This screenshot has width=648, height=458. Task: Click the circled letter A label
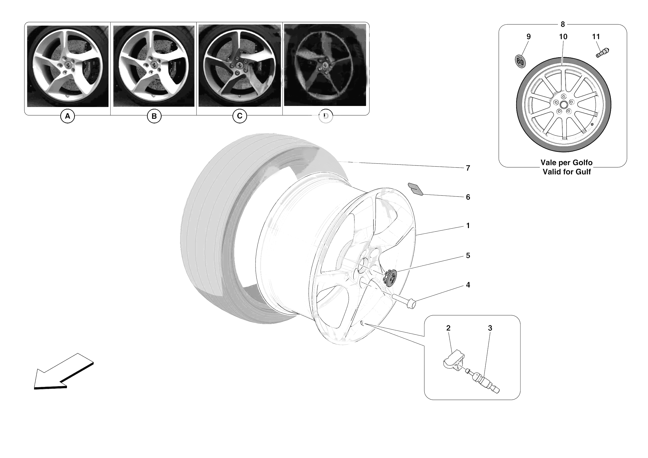[67, 116]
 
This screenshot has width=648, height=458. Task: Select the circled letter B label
[154, 116]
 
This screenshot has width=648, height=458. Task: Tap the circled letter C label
[240, 116]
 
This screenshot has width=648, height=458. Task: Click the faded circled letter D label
[326, 116]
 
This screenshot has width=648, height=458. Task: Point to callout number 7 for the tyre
[468, 168]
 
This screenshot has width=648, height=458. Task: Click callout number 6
[468, 197]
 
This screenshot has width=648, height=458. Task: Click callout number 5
[468, 256]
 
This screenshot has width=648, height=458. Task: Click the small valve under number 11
[602, 53]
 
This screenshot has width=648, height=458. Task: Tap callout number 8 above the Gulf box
[563, 25]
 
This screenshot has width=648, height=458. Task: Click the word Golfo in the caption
[582, 163]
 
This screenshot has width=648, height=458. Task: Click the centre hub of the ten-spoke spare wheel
[564, 105]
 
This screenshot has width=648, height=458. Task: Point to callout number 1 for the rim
[468, 226]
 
